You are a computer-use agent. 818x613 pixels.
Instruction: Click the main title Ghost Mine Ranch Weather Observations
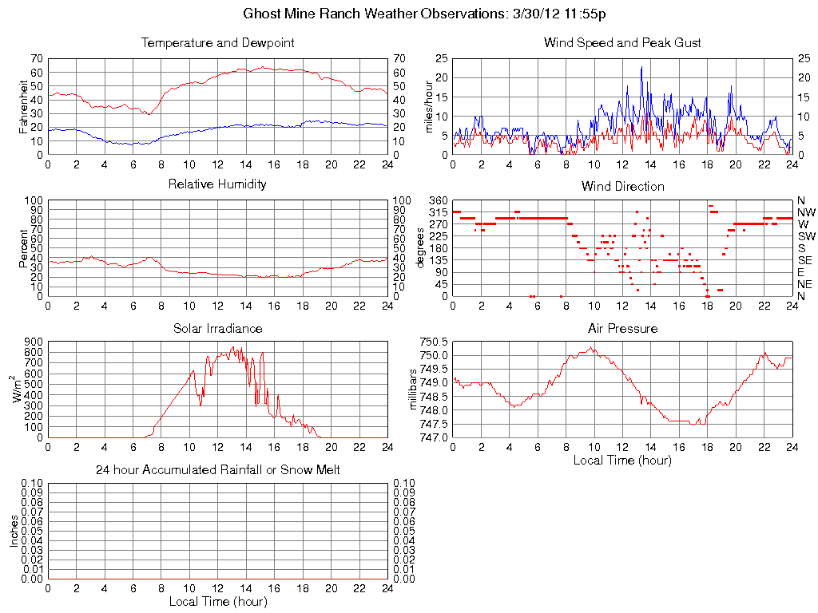tap(429, 14)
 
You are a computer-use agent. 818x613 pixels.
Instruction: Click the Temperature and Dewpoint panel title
tap(217, 42)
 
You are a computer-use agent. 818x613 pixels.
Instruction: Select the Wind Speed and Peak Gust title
tap(622, 42)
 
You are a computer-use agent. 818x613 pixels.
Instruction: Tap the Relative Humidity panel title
tap(217, 184)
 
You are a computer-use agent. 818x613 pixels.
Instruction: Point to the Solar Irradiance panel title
tap(217, 328)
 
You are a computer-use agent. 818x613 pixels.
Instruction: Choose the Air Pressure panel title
tap(622, 328)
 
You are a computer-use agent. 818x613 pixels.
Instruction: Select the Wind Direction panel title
tap(622, 186)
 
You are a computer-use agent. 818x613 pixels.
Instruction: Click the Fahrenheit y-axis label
tap(23, 106)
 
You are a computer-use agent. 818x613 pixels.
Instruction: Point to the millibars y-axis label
tap(414, 390)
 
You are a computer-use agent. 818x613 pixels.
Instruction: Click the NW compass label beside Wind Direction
tap(805, 212)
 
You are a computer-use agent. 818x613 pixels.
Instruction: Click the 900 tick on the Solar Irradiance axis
tap(34, 342)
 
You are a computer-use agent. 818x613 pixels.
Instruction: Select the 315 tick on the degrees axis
tap(438, 212)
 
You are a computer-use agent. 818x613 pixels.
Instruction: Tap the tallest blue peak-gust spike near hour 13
tap(641, 68)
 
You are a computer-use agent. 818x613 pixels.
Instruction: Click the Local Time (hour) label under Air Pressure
tap(622, 460)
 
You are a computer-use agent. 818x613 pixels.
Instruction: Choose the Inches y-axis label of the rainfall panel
tap(14, 531)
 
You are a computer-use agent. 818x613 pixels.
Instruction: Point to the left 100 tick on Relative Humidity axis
tap(34, 200)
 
